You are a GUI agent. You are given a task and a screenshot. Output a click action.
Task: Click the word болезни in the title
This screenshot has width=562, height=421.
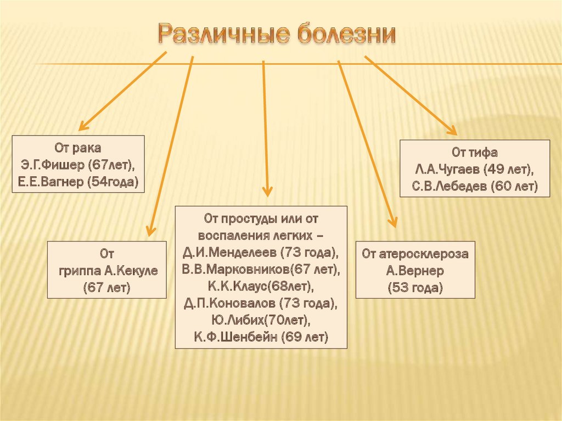point(347,35)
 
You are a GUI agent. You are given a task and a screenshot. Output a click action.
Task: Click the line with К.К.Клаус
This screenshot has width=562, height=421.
point(261,287)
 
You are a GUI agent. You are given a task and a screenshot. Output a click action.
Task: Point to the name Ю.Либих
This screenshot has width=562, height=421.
point(235,320)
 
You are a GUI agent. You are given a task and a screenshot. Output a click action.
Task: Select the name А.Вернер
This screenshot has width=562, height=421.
point(415,271)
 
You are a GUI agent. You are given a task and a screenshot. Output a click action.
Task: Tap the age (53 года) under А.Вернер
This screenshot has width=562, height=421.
point(415,288)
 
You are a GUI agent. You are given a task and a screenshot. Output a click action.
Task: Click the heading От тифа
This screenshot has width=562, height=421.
point(475,153)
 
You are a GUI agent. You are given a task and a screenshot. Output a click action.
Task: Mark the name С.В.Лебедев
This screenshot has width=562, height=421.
point(449,187)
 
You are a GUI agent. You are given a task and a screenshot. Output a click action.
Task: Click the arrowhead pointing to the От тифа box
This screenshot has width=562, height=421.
point(452,131)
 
